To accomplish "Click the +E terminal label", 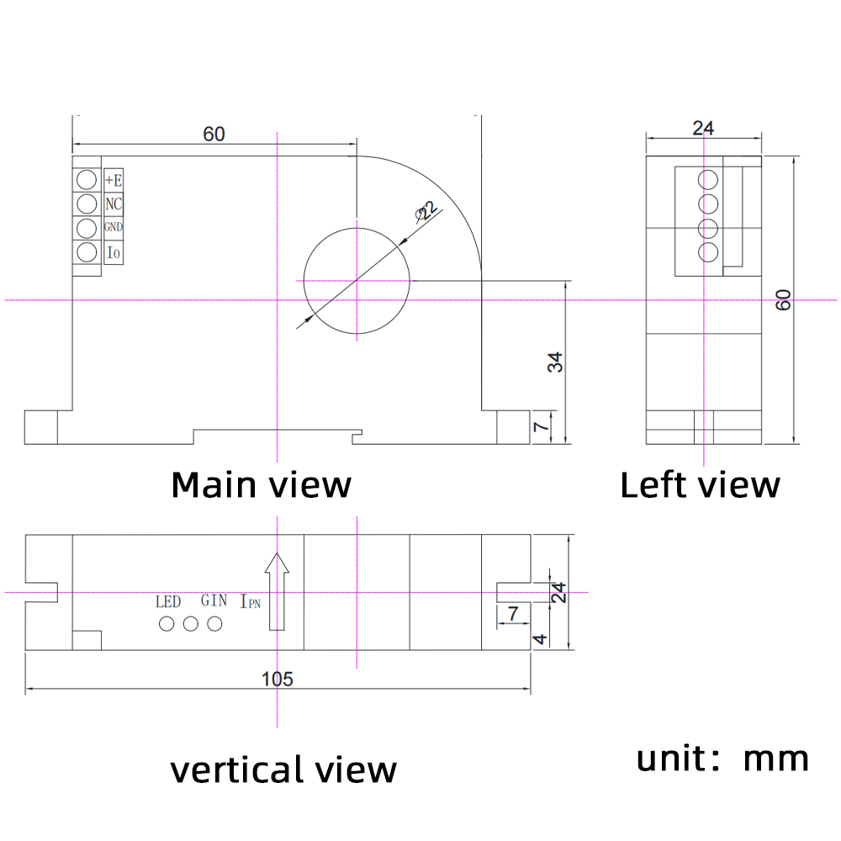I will point(114,180).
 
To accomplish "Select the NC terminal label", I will point(114,204).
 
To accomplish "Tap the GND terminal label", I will point(114,227).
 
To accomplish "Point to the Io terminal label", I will point(114,251).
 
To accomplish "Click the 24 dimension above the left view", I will point(703,128).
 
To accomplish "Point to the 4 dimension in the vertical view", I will point(541,639).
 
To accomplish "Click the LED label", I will point(168,601).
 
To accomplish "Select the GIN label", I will point(214,600).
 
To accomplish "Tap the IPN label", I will point(251,602).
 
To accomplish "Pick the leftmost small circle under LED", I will point(167,624).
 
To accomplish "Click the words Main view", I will point(261,485).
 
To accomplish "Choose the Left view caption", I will point(700,485).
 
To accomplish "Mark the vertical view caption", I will point(283,770).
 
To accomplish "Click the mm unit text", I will point(775,759).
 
